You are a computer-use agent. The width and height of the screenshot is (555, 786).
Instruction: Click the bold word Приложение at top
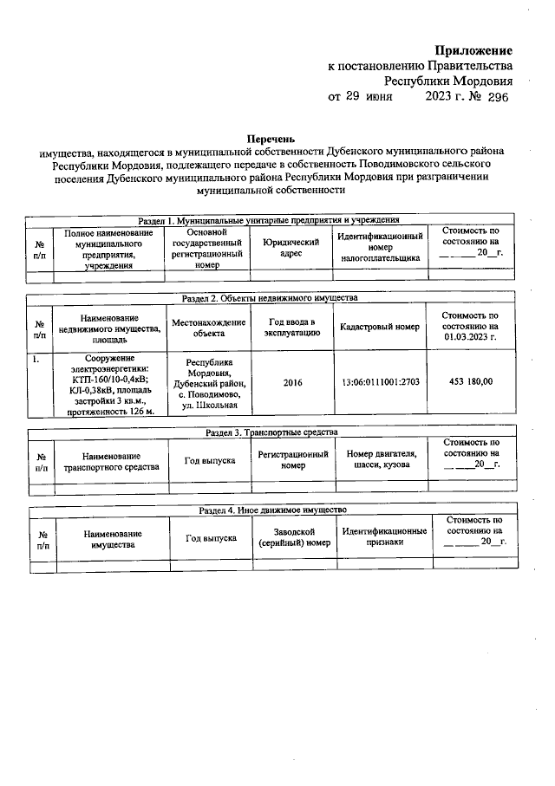click(x=473, y=51)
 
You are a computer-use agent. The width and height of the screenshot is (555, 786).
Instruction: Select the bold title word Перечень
click(x=271, y=138)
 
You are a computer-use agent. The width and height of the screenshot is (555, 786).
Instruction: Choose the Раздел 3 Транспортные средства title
click(x=271, y=432)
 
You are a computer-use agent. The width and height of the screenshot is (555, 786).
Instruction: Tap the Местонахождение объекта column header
click(x=209, y=327)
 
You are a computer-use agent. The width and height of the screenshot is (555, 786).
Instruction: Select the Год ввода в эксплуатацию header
click(x=293, y=327)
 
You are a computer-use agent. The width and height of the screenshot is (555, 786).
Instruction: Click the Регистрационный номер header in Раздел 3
click(x=293, y=459)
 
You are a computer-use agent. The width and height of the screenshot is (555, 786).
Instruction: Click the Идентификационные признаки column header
click(x=384, y=537)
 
